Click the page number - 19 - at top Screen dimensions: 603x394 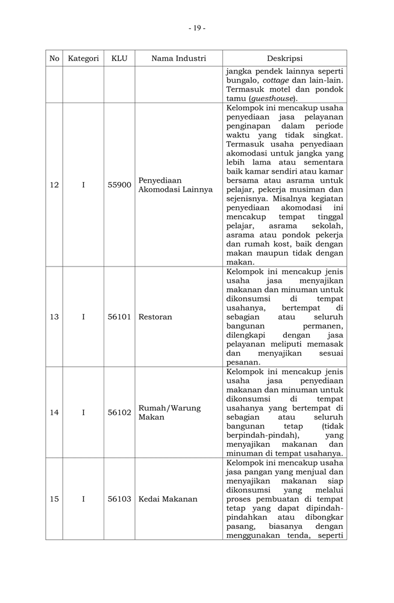tap(197, 28)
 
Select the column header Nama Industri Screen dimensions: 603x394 tap(178, 58)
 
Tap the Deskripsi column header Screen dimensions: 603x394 tap(284, 58)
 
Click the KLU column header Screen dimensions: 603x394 tap(119, 58)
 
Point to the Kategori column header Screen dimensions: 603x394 tap(83, 58)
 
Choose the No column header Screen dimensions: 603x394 tap(54, 58)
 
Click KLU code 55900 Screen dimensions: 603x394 tap(119, 185)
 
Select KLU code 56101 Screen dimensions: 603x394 tap(119, 317)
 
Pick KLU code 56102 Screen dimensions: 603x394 tap(119, 412)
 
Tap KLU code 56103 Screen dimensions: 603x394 tap(119, 499)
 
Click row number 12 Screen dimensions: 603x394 tap(54, 185)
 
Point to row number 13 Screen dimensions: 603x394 tap(54, 317)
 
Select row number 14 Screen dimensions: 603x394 tap(54, 412)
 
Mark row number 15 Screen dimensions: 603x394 tap(54, 499)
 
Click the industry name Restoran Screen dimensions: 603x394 tap(155, 317)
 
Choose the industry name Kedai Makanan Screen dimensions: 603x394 tap(168, 499)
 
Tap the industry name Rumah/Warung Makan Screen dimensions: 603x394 tap(170, 412)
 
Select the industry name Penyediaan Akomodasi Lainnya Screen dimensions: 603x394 tap(175, 185)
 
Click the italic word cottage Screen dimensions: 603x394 tap(278, 80)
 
